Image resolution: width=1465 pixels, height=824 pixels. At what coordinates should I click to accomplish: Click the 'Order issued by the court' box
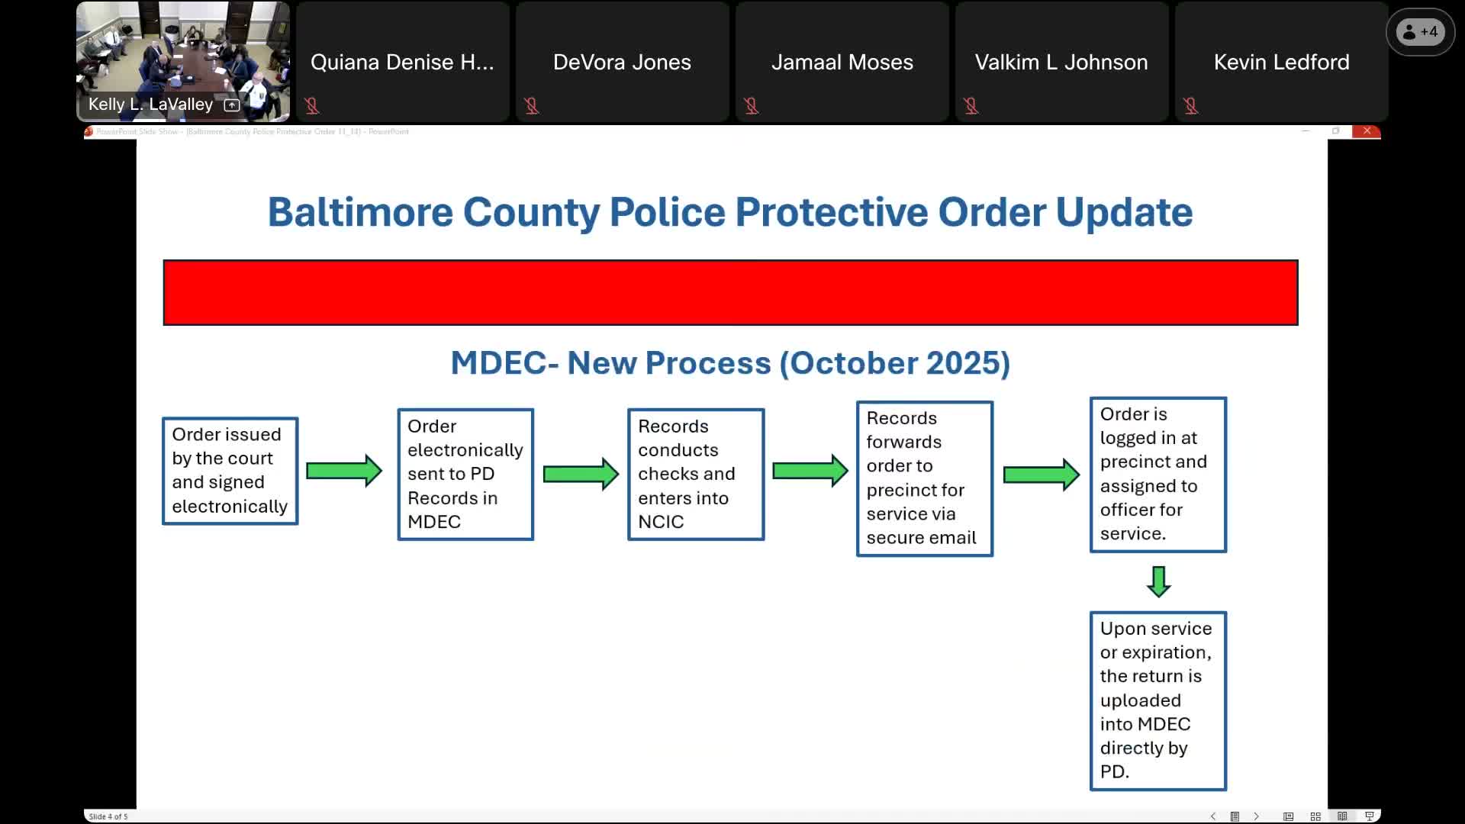click(x=230, y=471)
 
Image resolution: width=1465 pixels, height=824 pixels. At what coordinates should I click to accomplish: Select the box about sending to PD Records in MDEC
click(x=465, y=474)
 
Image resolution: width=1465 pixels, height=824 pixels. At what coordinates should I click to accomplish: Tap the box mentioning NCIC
click(x=695, y=474)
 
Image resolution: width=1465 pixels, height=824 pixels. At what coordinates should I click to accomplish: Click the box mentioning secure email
click(x=924, y=478)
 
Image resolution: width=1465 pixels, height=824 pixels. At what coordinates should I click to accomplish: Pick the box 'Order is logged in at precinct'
click(x=1158, y=474)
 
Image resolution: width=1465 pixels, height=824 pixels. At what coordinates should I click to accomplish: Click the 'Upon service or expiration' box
click(x=1158, y=700)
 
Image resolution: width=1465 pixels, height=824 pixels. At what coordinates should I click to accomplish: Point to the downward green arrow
click(x=1158, y=581)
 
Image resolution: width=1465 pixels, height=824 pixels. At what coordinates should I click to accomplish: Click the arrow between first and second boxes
click(x=343, y=471)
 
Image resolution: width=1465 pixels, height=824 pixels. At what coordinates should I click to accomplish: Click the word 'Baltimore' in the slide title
click(x=359, y=212)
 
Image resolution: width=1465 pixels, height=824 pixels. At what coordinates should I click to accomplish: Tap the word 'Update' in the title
click(x=1124, y=212)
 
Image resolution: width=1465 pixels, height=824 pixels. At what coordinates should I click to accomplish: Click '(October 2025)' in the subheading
click(x=894, y=362)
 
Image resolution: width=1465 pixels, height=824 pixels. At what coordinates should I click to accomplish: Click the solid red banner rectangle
click(x=730, y=292)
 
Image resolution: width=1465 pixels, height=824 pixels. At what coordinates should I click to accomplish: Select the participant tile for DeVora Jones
click(x=622, y=63)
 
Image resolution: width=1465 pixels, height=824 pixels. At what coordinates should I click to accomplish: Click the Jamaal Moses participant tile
click(x=842, y=63)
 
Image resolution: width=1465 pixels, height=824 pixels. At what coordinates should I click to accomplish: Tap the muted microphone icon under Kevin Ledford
click(x=1190, y=106)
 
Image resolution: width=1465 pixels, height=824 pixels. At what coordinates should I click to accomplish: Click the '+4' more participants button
click(x=1420, y=32)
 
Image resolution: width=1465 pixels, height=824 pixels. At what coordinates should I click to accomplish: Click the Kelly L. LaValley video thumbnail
click(x=183, y=61)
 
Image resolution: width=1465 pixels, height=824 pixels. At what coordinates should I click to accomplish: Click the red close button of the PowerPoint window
click(x=1367, y=131)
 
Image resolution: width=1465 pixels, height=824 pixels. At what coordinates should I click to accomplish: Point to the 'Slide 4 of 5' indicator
click(x=108, y=816)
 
